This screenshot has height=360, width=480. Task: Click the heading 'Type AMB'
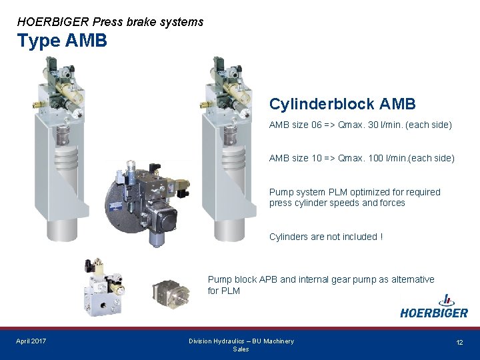tap(62, 41)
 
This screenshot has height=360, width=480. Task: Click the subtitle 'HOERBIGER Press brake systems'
tap(110, 22)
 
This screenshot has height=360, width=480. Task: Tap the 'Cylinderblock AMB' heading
tap(342, 104)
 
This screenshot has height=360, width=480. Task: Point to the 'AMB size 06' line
tap(360, 125)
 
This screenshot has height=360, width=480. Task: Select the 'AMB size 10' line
tap(361, 158)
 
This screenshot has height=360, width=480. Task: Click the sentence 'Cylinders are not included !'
tap(325, 237)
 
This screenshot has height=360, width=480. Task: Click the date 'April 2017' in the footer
tap(31, 341)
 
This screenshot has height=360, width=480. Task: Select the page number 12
tap(459, 342)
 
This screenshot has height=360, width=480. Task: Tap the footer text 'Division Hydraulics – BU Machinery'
tap(241, 341)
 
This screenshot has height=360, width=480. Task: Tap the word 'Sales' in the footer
tap(241, 349)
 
